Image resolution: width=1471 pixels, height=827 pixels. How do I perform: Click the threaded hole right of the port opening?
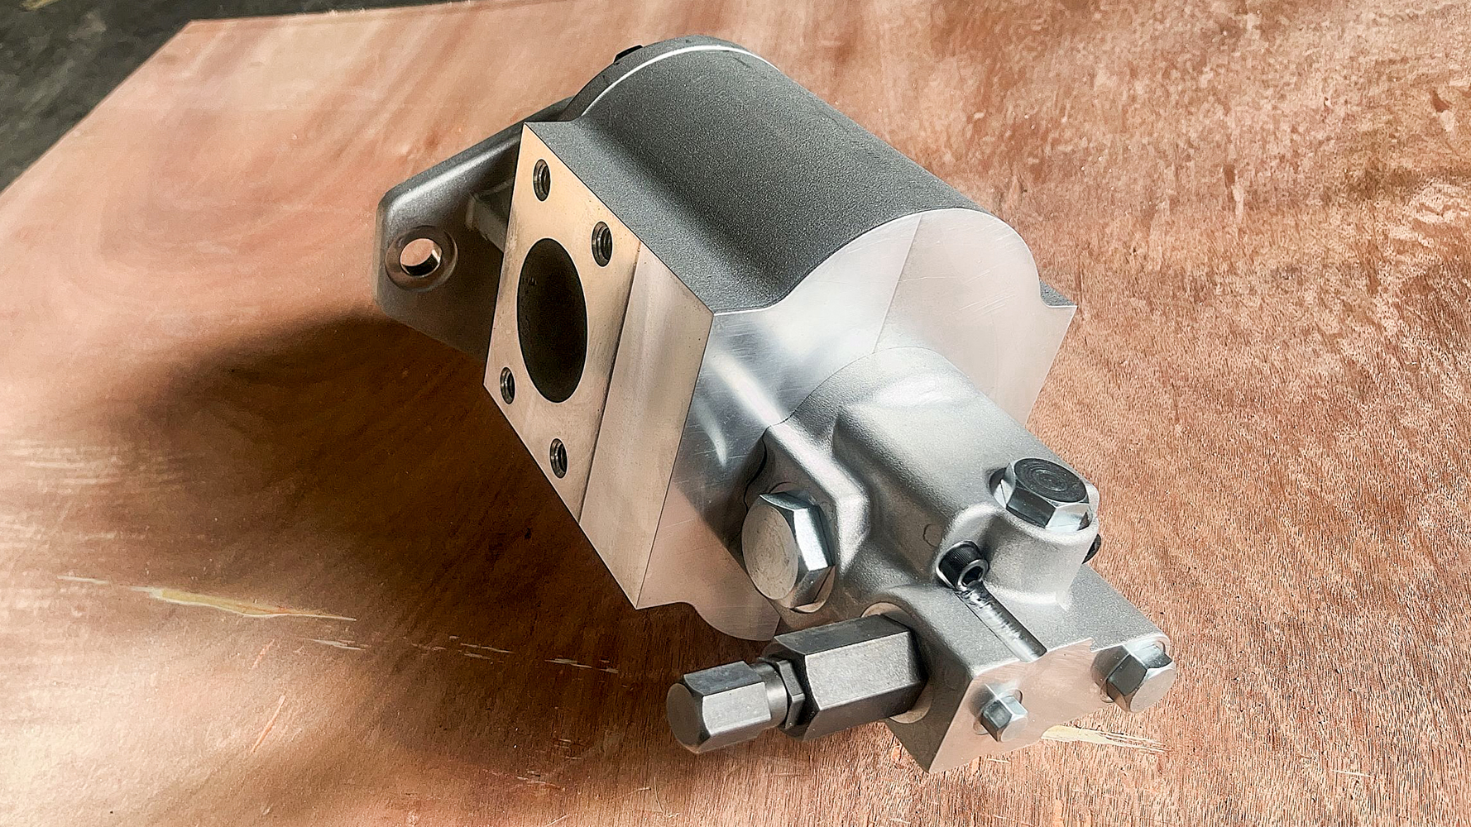(x=602, y=242)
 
